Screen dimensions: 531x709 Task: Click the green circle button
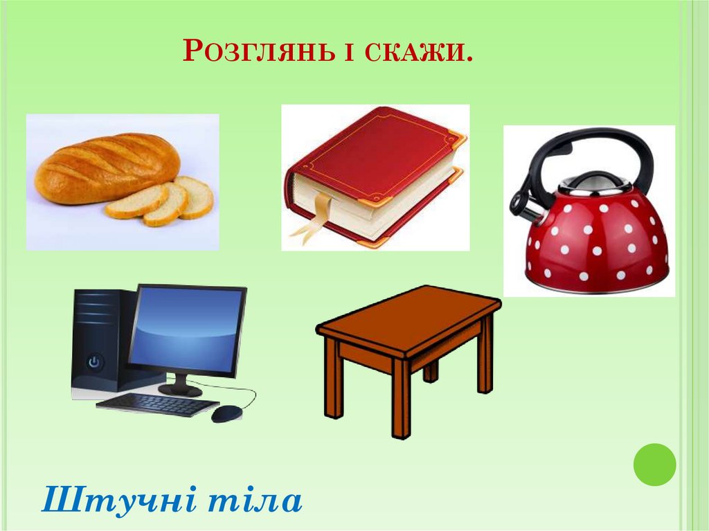point(654,464)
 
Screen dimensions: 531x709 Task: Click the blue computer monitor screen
point(186,329)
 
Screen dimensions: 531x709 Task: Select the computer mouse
point(226,413)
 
